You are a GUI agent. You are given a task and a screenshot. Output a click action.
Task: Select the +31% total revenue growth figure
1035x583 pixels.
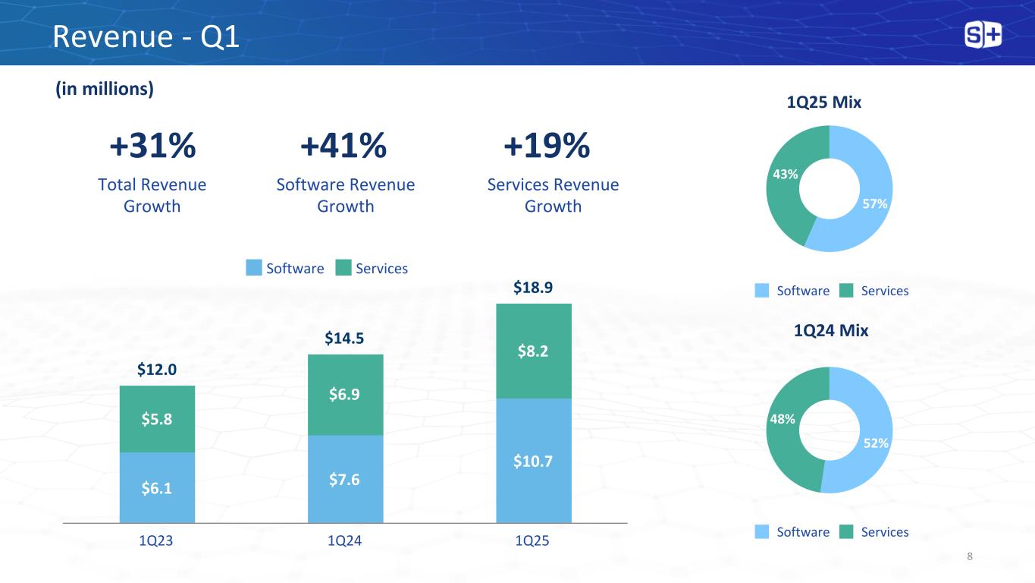[152, 146]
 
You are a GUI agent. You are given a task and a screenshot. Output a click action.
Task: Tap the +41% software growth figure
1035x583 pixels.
[343, 146]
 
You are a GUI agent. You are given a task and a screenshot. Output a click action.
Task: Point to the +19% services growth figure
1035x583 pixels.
[546, 146]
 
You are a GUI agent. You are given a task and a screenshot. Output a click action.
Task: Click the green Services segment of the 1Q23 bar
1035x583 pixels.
[157, 419]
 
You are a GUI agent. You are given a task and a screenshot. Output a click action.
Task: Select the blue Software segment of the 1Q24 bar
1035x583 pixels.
[345, 479]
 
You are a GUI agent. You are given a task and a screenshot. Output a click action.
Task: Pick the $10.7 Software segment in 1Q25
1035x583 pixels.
[533, 461]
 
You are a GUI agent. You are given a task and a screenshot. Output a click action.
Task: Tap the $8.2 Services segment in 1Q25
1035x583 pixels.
[533, 351]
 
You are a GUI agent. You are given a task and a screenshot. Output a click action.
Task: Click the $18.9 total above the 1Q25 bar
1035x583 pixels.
[533, 288]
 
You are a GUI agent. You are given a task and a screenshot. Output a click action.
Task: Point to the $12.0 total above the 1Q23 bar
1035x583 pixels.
[157, 370]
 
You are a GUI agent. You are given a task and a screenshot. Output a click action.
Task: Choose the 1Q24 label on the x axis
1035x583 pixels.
[345, 541]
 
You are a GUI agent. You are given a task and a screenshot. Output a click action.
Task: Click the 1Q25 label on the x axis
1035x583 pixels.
[533, 541]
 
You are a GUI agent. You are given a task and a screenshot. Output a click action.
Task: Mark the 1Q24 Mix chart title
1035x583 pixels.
[830, 331]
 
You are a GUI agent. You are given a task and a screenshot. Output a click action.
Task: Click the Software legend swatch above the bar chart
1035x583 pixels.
[254, 268]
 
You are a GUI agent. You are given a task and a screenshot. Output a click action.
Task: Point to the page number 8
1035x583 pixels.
[970, 557]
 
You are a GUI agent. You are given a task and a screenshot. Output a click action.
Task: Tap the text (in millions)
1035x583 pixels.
[104, 90]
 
